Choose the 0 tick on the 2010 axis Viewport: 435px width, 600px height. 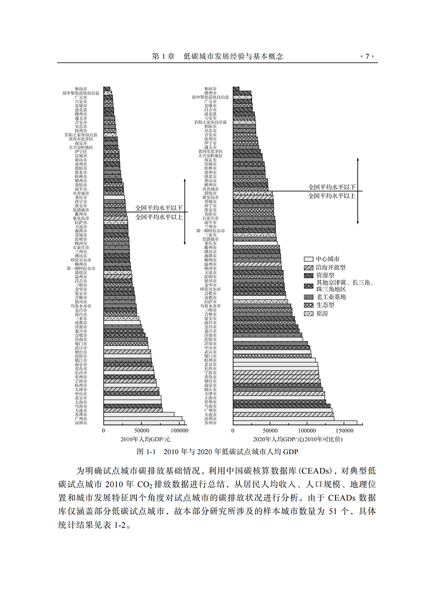click(x=103, y=430)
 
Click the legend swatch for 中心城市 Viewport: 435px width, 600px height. click(x=308, y=259)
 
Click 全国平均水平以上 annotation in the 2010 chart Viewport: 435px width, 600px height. click(x=159, y=217)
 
